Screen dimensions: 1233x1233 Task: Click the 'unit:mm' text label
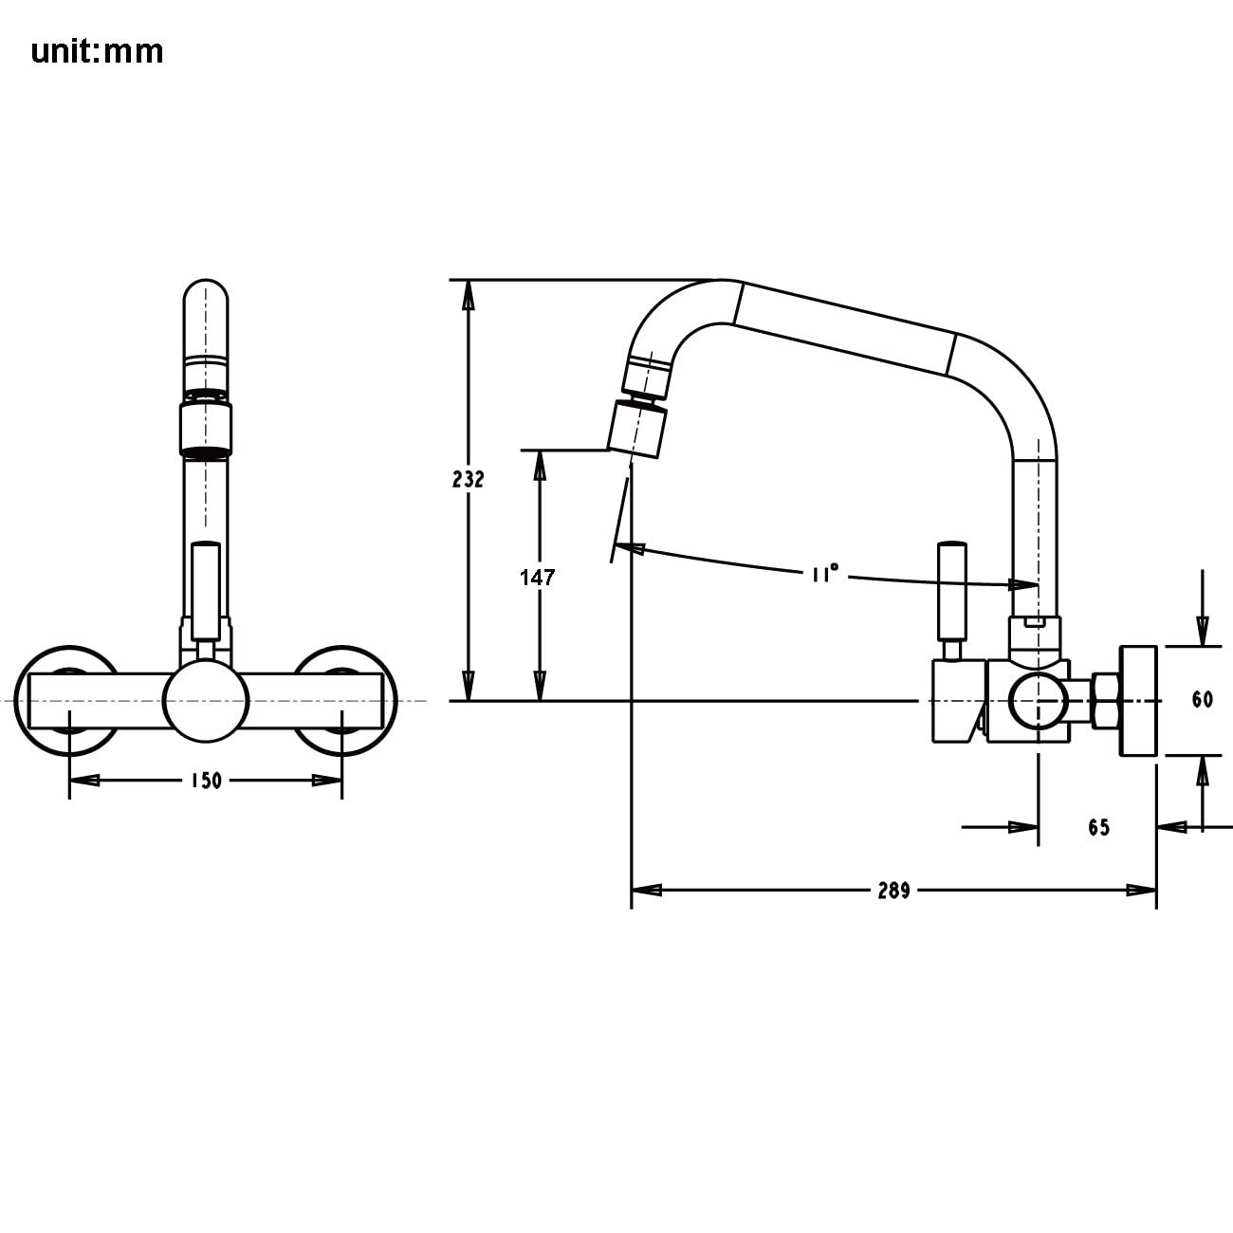click(97, 51)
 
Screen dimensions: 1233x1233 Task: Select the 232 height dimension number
click(468, 479)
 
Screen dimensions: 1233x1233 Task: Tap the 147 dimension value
click(537, 577)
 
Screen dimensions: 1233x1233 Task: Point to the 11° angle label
click(824, 573)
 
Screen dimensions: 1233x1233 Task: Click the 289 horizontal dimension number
click(893, 891)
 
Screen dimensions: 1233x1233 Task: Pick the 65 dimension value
click(1098, 828)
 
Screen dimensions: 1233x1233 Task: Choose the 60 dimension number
click(1202, 700)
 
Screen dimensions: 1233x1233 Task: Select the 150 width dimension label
click(206, 781)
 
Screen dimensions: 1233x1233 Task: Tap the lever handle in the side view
click(951, 590)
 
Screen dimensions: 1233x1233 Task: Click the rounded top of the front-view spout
click(206, 299)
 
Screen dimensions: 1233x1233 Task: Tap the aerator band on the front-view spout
click(206, 429)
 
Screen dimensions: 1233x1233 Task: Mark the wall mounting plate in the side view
click(1138, 701)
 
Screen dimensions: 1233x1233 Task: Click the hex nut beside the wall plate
click(1106, 701)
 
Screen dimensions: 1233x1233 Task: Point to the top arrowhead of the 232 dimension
click(468, 295)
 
